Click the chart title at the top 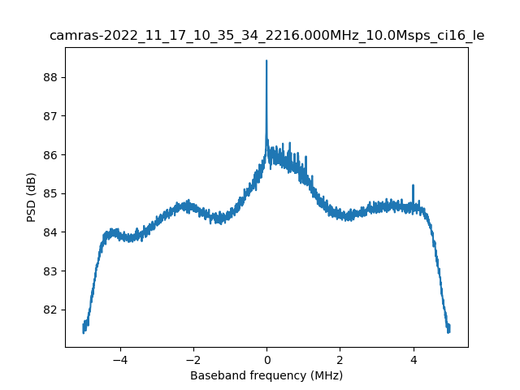(x=266, y=35)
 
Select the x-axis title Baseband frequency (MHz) (x=266, y=375)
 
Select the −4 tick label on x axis (x=119, y=359)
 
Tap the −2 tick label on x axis (x=193, y=359)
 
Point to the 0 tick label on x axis (x=266, y=359)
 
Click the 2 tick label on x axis (x=340, y=359)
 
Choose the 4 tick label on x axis (x=414, y=359)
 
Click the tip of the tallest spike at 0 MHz (x=266, y=61)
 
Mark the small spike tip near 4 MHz (x=414, y=185)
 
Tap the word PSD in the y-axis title (x=32, y=213)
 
